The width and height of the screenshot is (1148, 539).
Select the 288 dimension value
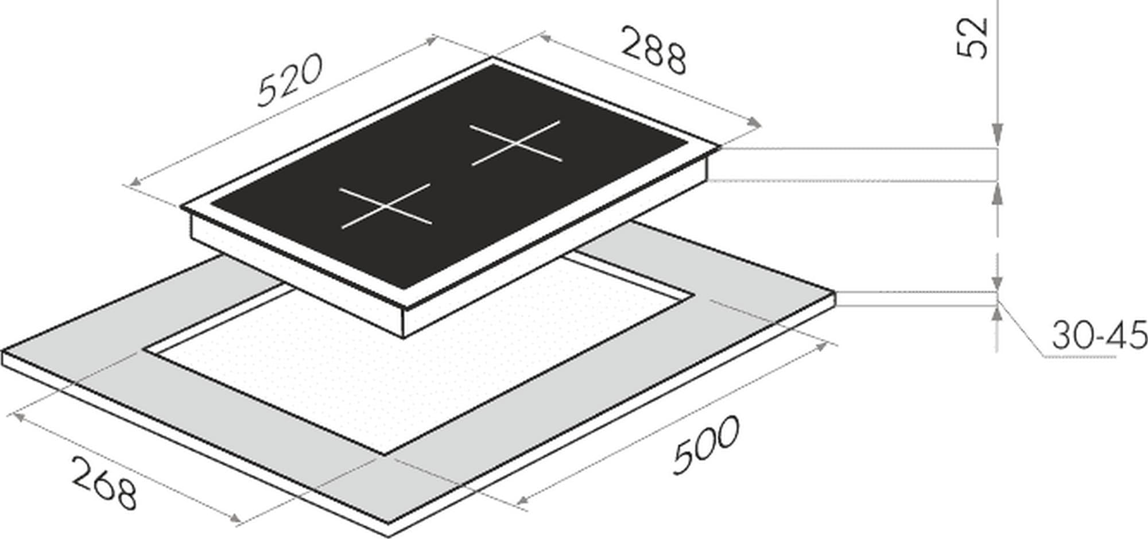tap(654, 52)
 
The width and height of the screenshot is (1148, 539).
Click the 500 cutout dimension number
tap(707, 445)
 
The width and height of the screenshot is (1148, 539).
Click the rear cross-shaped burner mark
tap(515, 143)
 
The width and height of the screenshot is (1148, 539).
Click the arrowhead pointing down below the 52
tap(998, 135)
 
